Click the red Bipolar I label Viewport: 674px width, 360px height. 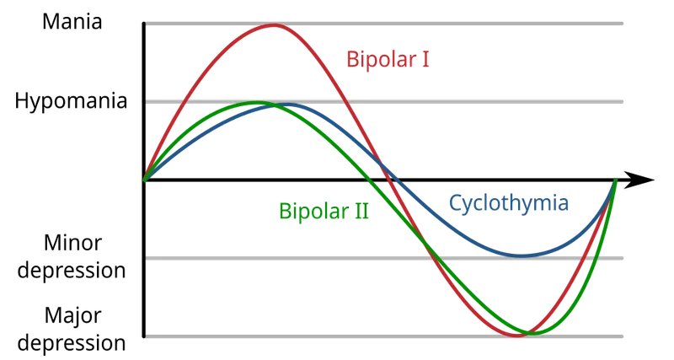point(382,58)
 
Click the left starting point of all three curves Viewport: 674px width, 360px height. point(145,179)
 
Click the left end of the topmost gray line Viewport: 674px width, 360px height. point(149,23)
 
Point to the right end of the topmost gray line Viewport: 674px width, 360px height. point(624,23)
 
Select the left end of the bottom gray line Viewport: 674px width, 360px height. point(149,336)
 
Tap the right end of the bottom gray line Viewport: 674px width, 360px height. point(624,336)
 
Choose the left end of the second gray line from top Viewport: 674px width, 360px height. point(149,101)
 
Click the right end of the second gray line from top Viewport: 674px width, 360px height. point(624,101)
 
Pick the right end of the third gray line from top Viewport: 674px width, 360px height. point(624,257)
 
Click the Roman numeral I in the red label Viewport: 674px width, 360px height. point(415,58)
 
